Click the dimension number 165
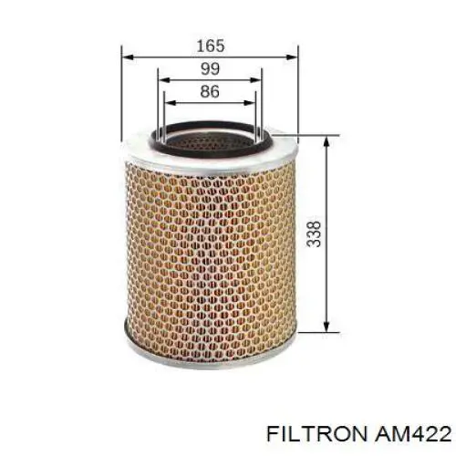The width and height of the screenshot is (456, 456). pyautogui.click(x=211, y=44)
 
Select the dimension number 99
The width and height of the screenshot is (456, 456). pyautogui.click(x=211, y=68)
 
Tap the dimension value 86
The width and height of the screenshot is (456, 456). pyautogui.click(x=211, y=91)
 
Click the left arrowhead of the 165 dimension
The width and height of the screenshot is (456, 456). pyautogui.click(x=127, y=56)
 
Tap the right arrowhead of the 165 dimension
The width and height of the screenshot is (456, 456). pyautogui.click(x=294, y=56)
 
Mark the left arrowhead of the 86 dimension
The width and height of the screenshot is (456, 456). pyautogui.click(x=167, y=102)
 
